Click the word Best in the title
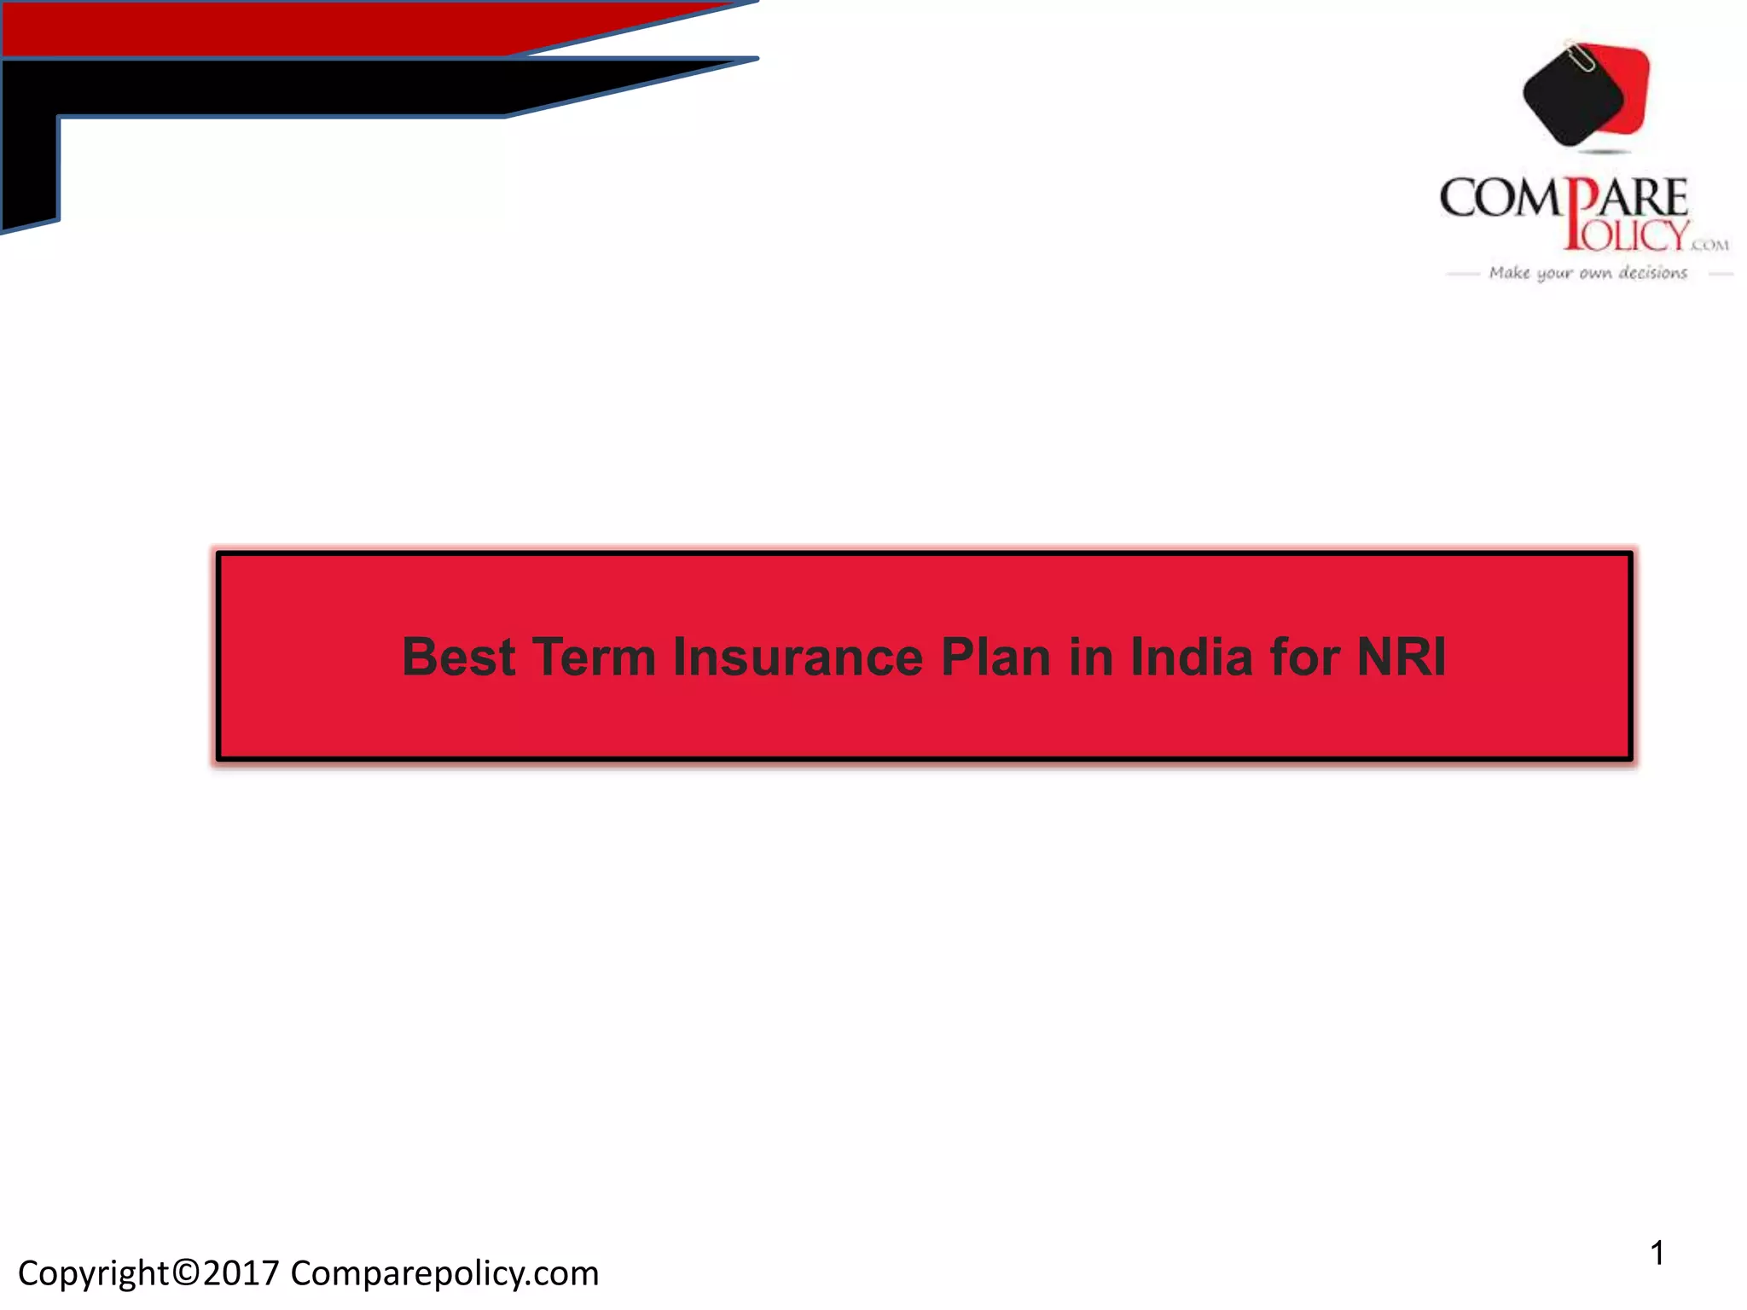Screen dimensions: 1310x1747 pyautogui.click(x=458, y=658)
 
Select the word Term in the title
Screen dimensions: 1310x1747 pyautogui.click(x=594, y=658)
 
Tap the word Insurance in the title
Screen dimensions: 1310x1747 pyautogui.click(x=798, y=658)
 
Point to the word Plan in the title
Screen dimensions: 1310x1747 pyautogui.click(x=995, y=658)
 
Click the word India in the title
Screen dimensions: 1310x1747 pyautogui.click(x=1191, y=658)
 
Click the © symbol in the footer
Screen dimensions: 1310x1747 pyautogui.click(x=185, y=1273)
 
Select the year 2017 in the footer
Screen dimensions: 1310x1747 pyautogui.click(x=241, y=1273)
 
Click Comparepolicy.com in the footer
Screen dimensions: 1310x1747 pyautogui.click(x=444, y=1274)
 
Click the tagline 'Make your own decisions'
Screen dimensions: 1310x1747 pyautogui.click(x=1587, y=273)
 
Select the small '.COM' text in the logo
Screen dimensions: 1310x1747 pyautogui.click(x=1709, y=246)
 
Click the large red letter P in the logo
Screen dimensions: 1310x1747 pyautogui.click(x=1580, y=213)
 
